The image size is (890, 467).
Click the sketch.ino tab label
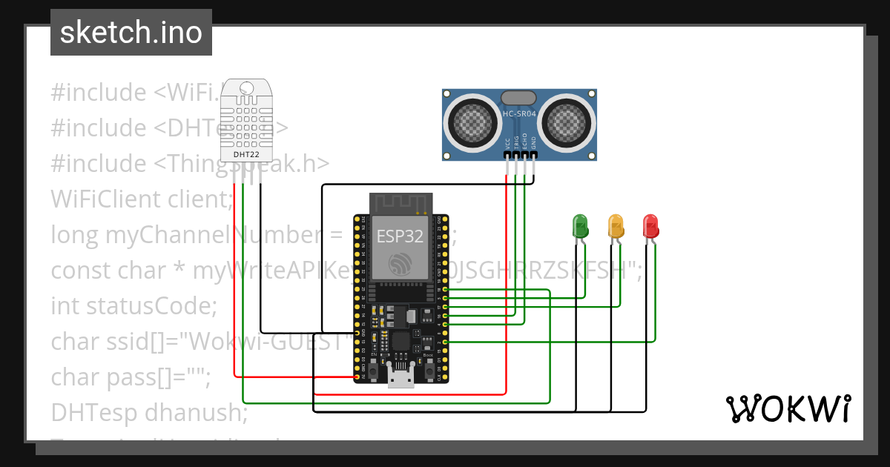131,33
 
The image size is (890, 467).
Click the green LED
579,225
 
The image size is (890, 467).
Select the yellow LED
616,225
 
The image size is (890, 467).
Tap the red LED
650,225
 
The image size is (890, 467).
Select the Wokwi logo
788,409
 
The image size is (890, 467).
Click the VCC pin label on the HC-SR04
507,144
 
